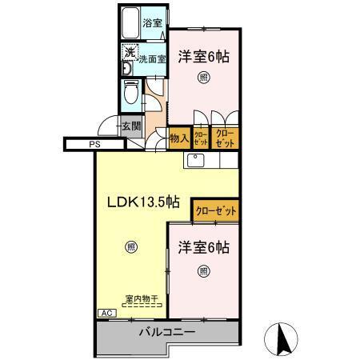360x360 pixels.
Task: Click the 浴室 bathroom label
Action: click(151, 24)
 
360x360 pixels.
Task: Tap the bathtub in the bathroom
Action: click(130, 25)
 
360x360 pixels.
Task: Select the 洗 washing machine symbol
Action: click(129, 54)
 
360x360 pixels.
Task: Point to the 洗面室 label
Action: click(151, 58)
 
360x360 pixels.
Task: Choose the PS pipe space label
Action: click(94, 145)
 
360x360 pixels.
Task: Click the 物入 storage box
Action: click(178, 138)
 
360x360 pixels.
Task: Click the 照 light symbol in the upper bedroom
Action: click(203, 78)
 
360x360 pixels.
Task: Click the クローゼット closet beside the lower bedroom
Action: click(215, 212)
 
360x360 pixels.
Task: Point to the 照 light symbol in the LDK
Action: click(130, 247)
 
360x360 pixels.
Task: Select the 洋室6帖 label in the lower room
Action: click(203, 247)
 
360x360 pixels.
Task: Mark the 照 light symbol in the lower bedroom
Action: click(203, 270)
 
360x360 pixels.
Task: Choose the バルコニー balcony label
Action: click(167, 331)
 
